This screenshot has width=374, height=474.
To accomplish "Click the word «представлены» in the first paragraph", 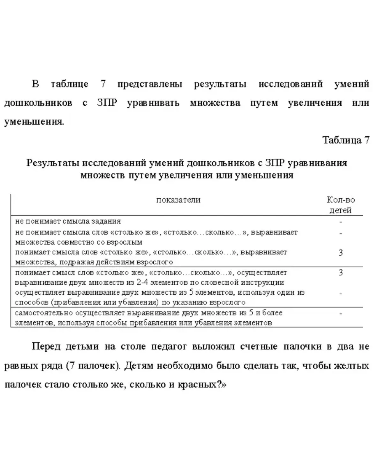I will coord(150,85).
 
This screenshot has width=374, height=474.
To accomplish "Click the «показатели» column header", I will coord(178,200).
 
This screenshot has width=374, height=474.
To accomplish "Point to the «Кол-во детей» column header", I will coord(341,205).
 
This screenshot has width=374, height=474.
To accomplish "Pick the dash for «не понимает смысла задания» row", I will coord(341,221).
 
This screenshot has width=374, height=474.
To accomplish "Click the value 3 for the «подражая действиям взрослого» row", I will coord(341,252).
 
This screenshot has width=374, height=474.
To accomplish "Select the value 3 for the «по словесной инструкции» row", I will coord(341,272).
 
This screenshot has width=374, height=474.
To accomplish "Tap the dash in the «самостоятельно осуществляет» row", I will coord(341,313).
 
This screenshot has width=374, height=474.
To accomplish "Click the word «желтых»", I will coord(353,365).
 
